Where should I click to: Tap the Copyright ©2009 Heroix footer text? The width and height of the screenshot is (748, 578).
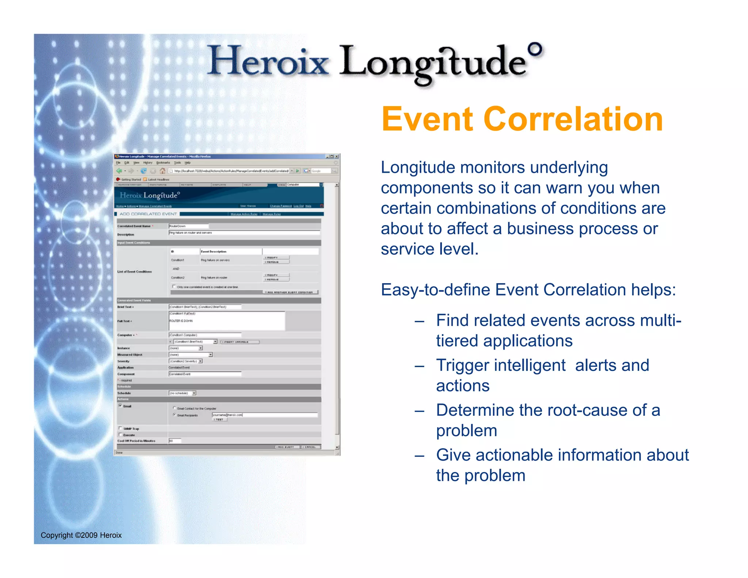click(x=81, y=535)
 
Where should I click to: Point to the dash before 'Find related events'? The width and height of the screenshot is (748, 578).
click(x=419, y=322)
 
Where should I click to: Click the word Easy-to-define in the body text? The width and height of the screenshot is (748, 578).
click(x=435, y=290)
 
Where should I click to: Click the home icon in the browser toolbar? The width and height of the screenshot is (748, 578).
click(x=162, y=171)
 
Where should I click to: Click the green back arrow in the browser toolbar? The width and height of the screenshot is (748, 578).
click(x=119, y=171)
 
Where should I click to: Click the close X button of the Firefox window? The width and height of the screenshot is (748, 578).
click(x=337, y=156)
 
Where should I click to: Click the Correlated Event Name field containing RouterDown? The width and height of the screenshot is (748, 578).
click(x=188, y=226)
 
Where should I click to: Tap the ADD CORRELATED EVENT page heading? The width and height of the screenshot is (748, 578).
click(x=148, y=214)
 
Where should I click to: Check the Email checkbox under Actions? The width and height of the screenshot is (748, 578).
click(x=120, y=406)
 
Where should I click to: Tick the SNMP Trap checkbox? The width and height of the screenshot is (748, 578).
click(x=120, y=428)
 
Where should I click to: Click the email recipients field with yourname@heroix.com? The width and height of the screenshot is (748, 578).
click(x=264, y=415)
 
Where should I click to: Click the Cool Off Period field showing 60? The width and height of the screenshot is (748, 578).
click(x=175, y=441)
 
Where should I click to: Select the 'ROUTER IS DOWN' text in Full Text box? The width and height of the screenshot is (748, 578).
click(x=181, y=321)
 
